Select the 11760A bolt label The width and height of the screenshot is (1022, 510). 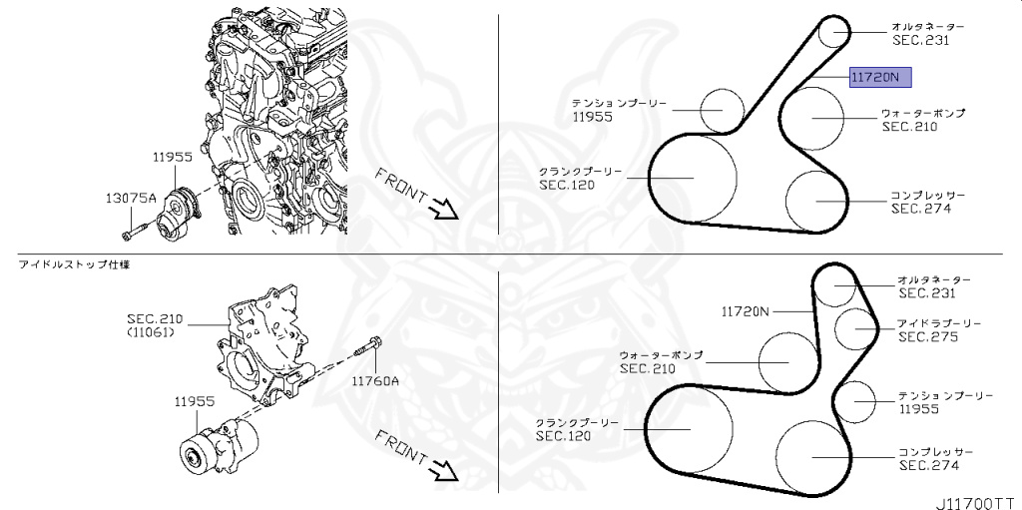point(374,379)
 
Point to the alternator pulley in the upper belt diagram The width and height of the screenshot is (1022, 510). point(833,34)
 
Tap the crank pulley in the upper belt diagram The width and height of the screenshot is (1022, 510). point(693,179)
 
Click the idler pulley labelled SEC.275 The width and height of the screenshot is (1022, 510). point(855,330)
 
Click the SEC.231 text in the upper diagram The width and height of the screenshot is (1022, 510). point(920,41)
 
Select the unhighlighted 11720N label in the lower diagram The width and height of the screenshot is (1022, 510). point(745,311)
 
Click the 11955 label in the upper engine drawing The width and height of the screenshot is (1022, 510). point(172,157)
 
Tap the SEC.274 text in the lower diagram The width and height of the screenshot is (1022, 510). point(928,465)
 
